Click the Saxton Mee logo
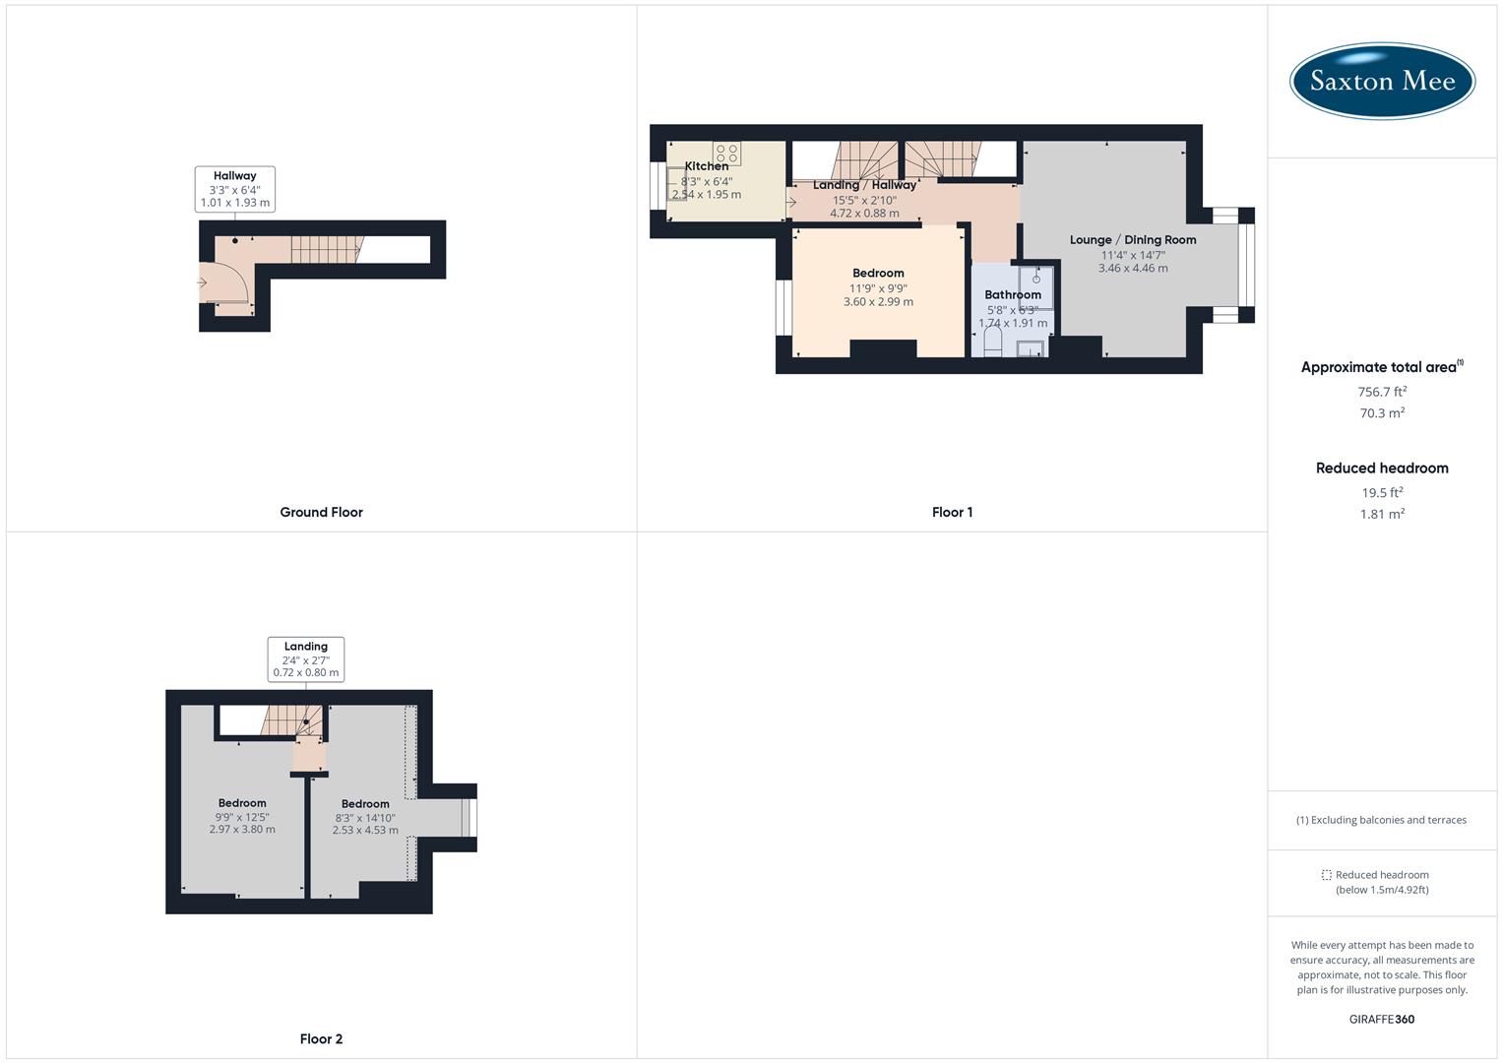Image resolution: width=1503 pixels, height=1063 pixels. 1382,81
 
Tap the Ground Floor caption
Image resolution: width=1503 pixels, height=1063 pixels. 321,512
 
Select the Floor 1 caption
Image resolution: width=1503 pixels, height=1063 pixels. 952,512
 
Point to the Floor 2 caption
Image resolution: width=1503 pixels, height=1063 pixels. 321,1038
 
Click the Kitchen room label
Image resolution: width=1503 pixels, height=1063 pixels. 707,166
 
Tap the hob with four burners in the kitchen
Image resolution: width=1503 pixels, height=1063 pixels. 727,154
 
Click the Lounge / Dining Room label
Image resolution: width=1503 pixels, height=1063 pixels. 1133,239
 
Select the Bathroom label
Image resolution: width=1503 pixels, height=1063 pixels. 1013,294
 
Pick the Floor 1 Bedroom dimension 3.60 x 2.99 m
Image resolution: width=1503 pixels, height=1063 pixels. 878,301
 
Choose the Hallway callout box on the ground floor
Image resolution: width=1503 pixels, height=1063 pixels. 235,189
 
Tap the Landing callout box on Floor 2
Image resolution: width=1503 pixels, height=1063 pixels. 306,659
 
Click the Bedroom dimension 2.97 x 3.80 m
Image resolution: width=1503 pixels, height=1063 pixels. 242,829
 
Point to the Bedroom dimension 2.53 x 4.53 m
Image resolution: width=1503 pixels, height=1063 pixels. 365,830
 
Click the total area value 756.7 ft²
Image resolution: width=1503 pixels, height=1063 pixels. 1382,391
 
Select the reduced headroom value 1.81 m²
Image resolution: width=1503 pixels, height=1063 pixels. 1382,514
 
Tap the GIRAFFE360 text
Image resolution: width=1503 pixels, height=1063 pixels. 1382,1019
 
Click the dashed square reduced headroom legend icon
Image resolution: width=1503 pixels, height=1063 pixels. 1326,875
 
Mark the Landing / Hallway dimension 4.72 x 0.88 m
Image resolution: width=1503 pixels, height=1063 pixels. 864,213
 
